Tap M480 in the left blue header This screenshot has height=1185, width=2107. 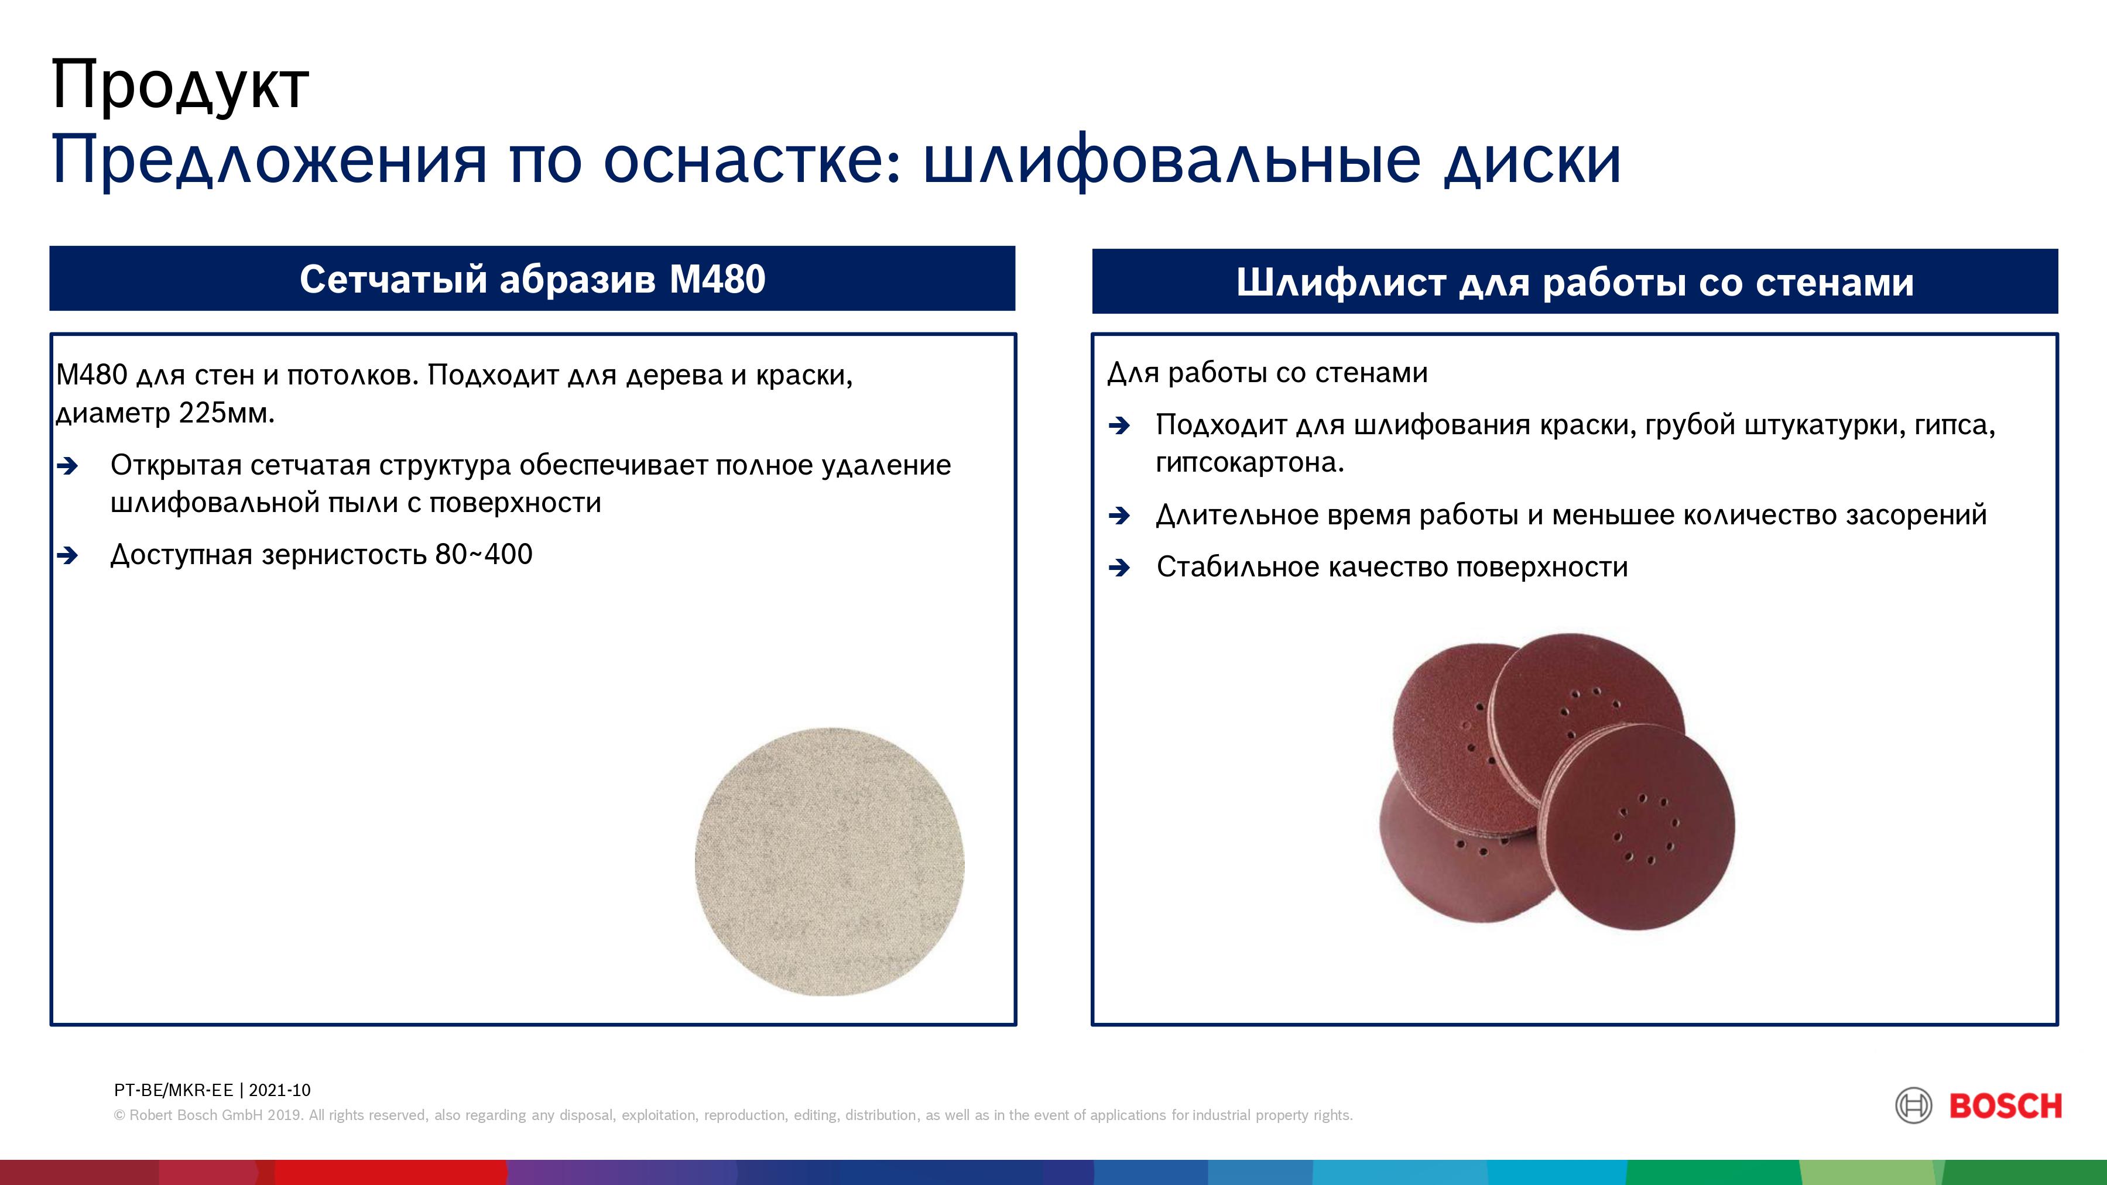717,279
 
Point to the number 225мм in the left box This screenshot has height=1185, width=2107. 227,413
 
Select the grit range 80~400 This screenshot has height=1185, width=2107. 484,555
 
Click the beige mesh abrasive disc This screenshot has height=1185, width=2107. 830,862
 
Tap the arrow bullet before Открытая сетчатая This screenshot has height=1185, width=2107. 68,466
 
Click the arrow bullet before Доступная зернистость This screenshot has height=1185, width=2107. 68,556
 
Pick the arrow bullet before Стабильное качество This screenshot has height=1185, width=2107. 1120,568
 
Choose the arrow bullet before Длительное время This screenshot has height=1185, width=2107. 1120,516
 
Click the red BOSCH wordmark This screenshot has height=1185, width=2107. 2006,1107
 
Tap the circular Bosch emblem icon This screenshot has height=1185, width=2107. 1914,1107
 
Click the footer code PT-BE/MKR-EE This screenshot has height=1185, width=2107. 173,1090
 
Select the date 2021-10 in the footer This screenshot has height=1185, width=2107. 280,1090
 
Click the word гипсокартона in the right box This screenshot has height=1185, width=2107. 1249,463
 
